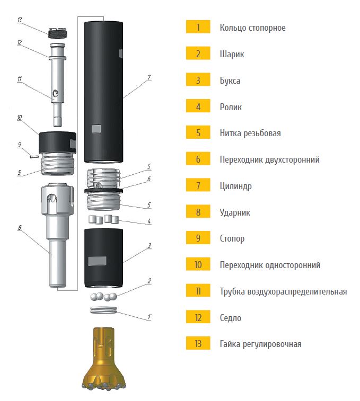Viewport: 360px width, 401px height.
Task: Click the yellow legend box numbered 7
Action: tap(198, 185)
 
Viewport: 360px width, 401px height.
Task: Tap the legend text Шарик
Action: tap(232, 54)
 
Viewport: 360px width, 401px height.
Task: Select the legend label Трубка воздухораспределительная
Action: tap(284, 291)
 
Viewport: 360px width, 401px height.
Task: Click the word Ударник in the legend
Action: tap(235, 212)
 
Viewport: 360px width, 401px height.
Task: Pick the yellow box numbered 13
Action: tap(198, 343)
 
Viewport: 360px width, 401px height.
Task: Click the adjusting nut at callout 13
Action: tap(57, 33)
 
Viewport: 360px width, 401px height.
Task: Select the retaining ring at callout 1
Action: tap(103, 310)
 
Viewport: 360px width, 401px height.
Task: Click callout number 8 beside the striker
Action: tap(20, 228)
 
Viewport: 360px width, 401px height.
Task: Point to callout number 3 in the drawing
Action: tap(150, 245)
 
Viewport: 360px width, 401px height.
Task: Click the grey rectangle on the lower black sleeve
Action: tap(97, 261)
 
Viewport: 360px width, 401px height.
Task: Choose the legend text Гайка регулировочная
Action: tap(261, 344)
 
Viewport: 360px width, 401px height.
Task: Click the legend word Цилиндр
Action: tap(235, 186)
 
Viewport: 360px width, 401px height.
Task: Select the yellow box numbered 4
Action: tap(198, 106)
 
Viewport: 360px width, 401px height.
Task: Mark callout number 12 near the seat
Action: tap(20, 42)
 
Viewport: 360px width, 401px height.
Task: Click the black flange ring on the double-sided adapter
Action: tap(103, 191)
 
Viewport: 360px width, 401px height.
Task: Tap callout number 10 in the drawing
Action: tap(20, 118)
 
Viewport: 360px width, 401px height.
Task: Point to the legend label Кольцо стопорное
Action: tap(253, 28)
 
